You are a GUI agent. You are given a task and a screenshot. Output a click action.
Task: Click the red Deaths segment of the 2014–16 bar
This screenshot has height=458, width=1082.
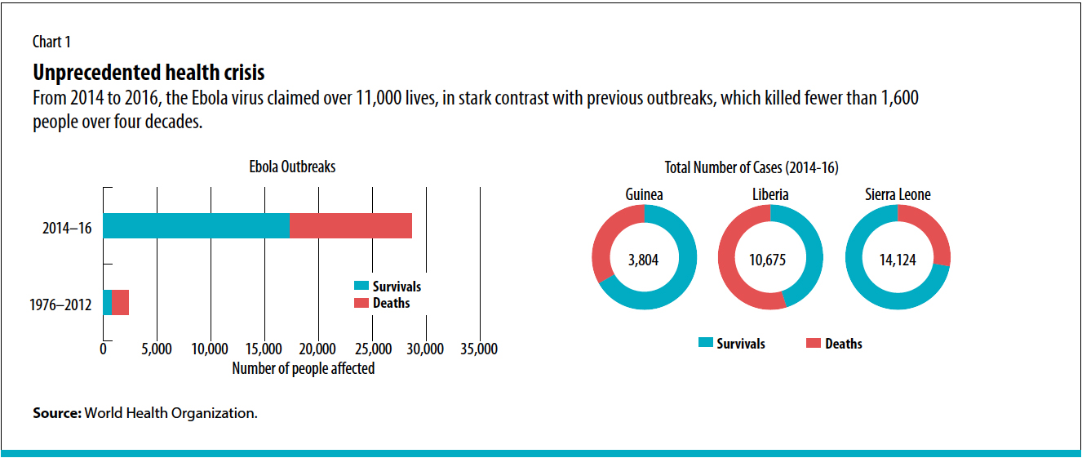[x=351, y=225]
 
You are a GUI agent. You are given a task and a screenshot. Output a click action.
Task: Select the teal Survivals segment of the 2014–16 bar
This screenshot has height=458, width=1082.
[x=196, y=225]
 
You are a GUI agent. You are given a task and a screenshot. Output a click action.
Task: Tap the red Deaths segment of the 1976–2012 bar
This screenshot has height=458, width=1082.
[x=121, y=303]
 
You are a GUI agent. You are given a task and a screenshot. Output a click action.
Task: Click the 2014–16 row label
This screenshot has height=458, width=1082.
[x=67, y=229]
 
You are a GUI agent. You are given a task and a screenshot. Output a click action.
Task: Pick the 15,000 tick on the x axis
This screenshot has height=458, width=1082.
[x=264, y=349]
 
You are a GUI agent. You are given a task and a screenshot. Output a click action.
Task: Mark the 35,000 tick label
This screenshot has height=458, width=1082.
[x=479, y=349]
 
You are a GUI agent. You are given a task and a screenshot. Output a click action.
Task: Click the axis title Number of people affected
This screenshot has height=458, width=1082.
[x=303, y=368]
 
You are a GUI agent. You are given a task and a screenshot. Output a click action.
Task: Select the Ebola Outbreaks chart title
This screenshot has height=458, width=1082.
[x=292, y=167]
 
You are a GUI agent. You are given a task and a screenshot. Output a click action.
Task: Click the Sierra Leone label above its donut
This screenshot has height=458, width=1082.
[x=898, y=195]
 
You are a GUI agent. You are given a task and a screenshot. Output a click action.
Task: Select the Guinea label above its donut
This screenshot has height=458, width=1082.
[x=644, y=195]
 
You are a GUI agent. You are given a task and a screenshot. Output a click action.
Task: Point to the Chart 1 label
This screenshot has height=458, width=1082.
[x=57, y=42]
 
